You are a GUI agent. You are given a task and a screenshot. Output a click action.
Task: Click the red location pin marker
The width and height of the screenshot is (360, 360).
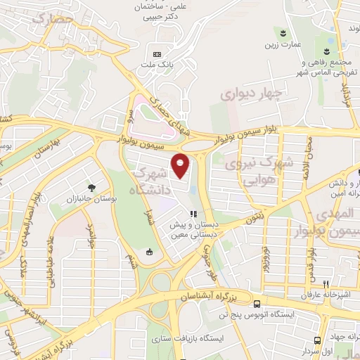[181, 165]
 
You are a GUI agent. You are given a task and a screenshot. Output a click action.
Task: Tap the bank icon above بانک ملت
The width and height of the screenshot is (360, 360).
[157, 54]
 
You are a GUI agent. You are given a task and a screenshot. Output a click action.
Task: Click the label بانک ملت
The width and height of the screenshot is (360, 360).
[157, 65]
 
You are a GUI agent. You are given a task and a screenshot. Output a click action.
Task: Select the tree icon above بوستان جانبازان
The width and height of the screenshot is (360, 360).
[91, 186]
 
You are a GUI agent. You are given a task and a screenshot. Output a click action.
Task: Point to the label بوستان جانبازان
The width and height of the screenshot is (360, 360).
[91, 200]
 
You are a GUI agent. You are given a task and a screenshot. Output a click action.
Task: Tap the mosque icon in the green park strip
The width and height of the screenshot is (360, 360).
[148, 252]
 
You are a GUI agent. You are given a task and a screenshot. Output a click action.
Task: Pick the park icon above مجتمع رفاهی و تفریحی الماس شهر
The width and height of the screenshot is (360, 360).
[327, 51]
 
